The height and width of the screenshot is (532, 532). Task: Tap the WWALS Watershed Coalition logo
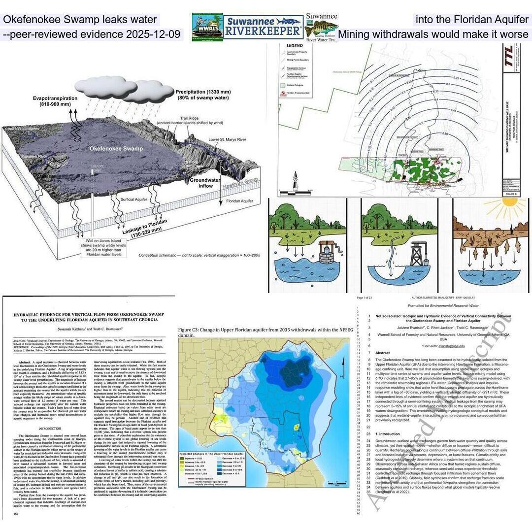(207, 28)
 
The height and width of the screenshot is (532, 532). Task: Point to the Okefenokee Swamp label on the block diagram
(116, 148)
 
